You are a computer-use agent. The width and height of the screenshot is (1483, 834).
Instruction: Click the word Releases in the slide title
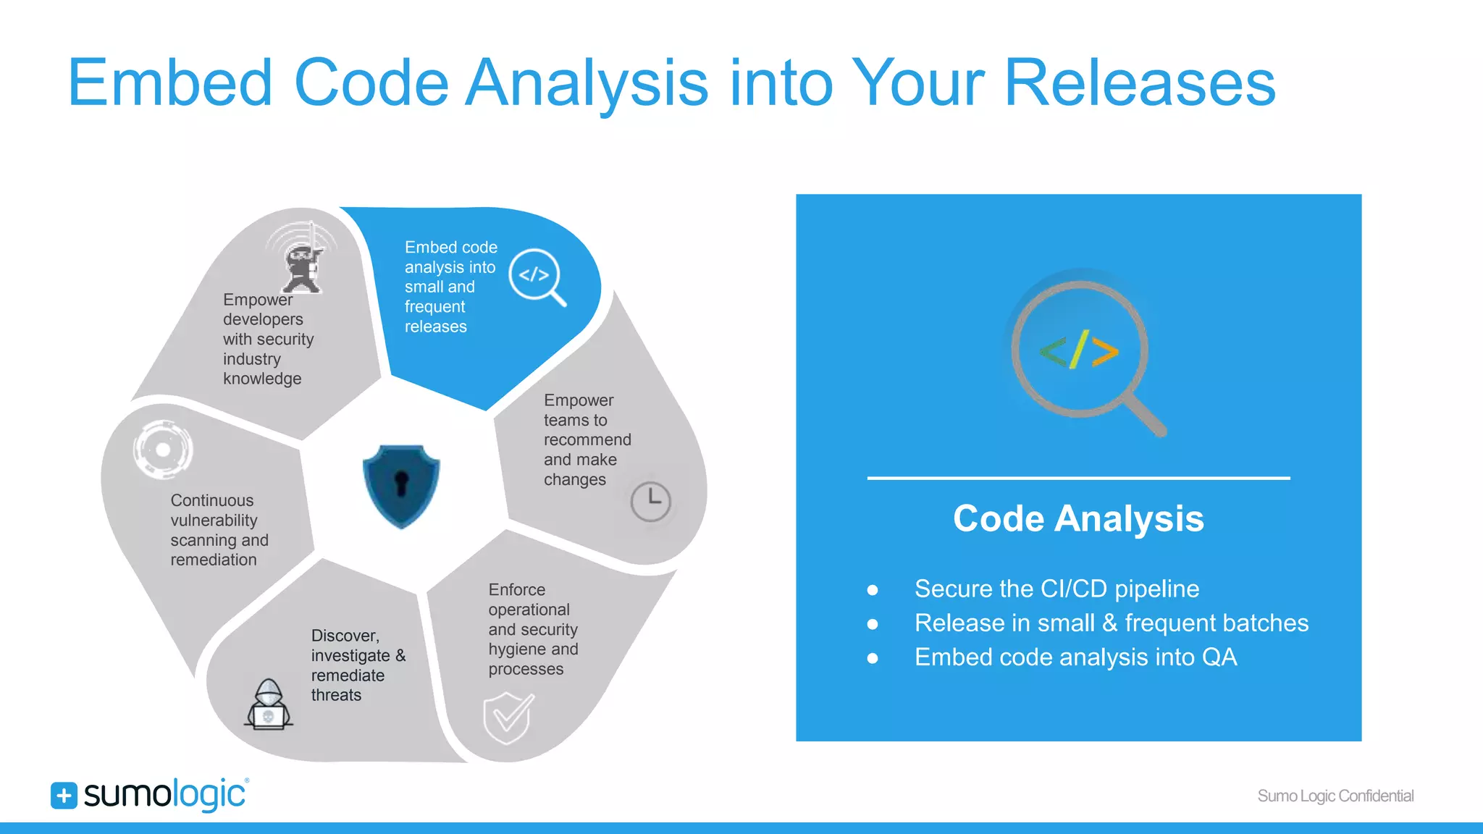click(1140, 83)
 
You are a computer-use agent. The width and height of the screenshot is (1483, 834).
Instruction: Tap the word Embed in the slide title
click(169, 83)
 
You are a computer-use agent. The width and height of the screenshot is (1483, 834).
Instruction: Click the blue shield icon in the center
click(401, 484)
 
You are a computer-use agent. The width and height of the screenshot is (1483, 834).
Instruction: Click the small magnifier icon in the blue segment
click(537, 277)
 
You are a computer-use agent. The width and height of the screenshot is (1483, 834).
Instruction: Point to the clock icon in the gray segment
click(650, 501)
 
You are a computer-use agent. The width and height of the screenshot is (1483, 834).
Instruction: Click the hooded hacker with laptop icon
click(269, 705)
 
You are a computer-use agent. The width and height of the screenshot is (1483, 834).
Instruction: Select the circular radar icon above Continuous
click(164, 450)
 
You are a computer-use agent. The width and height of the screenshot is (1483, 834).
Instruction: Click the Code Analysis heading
click(1078, 518)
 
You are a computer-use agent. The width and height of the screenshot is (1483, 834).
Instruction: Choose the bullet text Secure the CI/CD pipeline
click(1056, 589)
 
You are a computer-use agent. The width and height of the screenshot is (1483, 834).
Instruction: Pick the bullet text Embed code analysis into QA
click(1075, 657)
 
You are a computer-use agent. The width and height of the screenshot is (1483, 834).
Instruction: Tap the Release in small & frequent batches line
click(1111, 623)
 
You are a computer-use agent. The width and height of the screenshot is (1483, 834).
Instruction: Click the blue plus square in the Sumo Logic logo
click(64, 795)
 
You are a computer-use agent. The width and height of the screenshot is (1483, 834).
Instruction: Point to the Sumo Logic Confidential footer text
click(1335, 796)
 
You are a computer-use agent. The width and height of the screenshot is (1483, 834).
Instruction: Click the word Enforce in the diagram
click(517, 589)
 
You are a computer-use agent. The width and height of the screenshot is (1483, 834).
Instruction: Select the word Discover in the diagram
click(345, 636)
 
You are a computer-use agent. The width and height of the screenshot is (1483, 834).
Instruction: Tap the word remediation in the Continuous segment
click(214, 560)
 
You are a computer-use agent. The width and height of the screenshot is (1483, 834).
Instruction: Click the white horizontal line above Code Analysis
click(1078, 478)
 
